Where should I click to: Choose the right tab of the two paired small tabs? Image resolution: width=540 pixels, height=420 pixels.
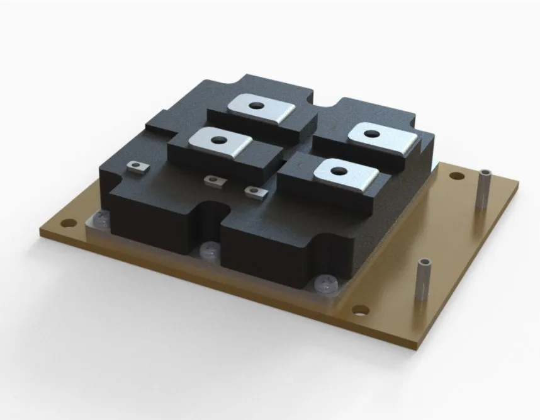tap(253, 190)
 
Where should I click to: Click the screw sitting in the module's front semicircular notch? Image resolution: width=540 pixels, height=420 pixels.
tap(208, 251)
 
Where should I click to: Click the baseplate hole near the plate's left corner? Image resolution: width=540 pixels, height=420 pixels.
tap(65, 222)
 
